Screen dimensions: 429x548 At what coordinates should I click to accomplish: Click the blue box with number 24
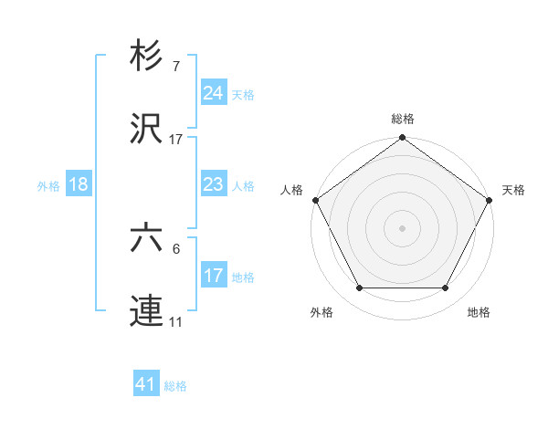coord(213,92)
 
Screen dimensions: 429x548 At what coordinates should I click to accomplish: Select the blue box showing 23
coord(213,184)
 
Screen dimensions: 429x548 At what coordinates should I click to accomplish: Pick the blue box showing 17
coord(213,275)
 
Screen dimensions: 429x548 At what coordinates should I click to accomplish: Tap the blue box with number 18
coord(79,184)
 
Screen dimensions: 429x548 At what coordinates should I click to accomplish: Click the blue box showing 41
coord(146,384)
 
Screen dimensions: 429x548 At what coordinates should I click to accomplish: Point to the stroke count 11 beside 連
coord(176,321)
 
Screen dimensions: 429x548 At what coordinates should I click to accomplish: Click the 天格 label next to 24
coord(243,94)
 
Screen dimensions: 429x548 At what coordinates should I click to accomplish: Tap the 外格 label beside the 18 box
coord(48,185)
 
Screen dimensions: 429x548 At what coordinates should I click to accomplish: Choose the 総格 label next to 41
coord(175,386)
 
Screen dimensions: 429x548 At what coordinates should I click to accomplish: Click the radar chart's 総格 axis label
coord(402,119)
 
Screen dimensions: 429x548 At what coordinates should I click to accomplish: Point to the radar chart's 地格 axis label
coord(479,313)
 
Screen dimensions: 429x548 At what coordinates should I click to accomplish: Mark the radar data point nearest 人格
coord(315,200)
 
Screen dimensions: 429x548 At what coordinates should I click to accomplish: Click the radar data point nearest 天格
coord(490,200)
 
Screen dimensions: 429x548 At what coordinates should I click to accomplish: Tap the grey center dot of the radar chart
coord(402,227)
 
